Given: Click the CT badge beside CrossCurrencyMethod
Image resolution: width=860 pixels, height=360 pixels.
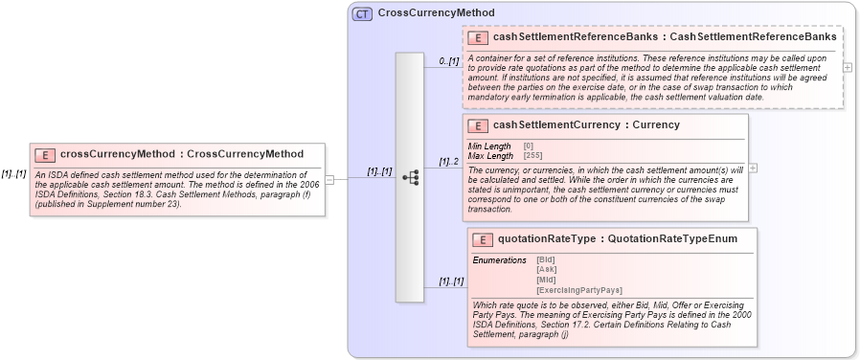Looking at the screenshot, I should click(x=362, y=13).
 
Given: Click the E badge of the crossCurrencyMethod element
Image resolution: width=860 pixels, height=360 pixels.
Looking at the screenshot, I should click(x=43, y=154).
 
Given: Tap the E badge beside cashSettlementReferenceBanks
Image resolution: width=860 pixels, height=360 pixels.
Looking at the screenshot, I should click(x=476, y=37).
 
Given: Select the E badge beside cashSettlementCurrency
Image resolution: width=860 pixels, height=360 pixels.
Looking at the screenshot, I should click(x=476, y=125).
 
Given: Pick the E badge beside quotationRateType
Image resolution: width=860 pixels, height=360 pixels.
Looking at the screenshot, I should click(x=483, y=239).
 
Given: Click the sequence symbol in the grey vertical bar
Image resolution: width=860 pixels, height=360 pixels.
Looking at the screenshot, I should click(x=410, y=177).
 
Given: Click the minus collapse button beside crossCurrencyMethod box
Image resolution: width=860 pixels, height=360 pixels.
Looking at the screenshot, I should click(x=329, y=177).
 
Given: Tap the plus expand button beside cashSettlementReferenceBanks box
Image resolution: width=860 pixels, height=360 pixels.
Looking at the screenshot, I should click(x=848, y=67).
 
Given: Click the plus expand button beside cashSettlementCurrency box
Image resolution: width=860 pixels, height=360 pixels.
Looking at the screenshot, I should click(x=753, y=168).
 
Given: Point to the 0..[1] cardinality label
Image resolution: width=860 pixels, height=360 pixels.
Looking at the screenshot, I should click(x=449, y=61).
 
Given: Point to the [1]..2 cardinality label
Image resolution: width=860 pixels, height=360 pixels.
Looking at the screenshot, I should click(x=449, y=162).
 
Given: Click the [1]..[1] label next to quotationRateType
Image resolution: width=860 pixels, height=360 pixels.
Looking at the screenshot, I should click(x=451, y=281).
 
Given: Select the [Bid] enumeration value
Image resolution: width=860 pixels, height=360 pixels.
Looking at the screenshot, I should click(x=546, y=260).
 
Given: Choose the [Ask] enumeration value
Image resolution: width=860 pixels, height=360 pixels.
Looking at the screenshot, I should click(x=546, y=270).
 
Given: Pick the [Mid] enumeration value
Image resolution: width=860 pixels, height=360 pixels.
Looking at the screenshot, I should click(x=546, y=280).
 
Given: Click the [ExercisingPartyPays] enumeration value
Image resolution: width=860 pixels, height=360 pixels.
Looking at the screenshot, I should click(x=579, y=289).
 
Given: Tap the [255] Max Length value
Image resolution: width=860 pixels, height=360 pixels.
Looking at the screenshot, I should click(x=532, y=155).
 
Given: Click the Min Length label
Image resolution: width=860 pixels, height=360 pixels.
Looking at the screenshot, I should click(x=489, y=146).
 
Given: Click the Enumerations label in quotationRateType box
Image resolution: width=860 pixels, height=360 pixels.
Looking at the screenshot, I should click(x=500, y=260).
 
